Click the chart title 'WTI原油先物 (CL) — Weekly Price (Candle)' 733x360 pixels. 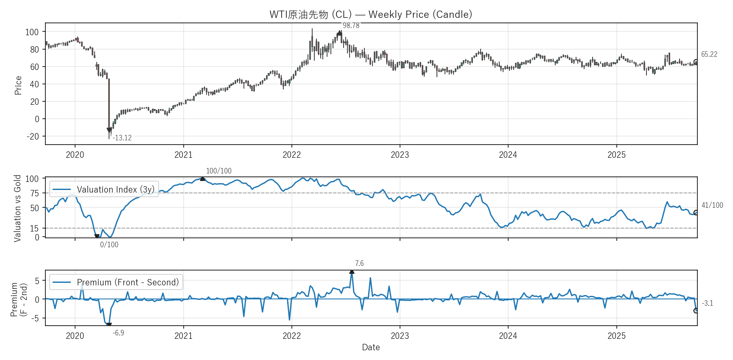pos(371,14)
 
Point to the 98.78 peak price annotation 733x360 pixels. pos(351,25)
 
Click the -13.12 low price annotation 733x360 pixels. pos(122,138)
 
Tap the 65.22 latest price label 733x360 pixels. pos(709,54)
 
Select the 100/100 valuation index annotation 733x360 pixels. pos(218,171)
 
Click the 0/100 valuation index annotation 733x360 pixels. pos(109,245)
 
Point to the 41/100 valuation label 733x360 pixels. pos(712,205)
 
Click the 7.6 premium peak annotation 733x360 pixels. pos(359,263)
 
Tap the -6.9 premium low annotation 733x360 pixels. pos(118,333)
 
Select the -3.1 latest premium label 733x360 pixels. pos(707,303)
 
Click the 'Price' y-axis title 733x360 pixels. pos(18,85)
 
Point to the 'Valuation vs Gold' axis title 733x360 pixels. pos(17,208)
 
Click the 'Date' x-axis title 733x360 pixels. pos(371,347)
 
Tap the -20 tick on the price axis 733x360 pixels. pos(33,137)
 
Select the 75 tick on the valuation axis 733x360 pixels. pos(34,193)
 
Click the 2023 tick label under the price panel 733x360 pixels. pos(400,155)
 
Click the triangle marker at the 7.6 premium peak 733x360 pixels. pos(352,271)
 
